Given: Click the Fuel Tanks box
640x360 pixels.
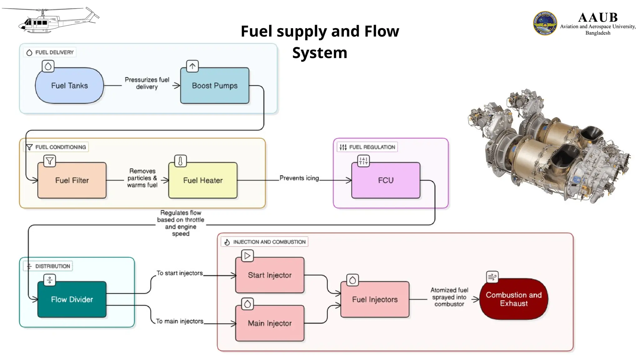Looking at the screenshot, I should pyautogui.click(x=69, y=86).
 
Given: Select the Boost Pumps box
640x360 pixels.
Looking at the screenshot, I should pyautogui.click(x=215, y=86).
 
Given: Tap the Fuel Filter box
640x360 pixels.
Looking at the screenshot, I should pyautogui.click(x=72, y=180).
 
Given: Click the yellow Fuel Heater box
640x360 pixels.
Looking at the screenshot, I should pyautogui.click(x=203, y=180).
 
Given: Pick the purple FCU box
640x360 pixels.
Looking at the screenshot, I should pyautogui.click(x=386, y=180).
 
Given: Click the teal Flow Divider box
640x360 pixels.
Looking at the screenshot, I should pyautogui.click(x=72, y=299).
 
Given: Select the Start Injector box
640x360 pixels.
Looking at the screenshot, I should pyautogui.click(x=270, y=275).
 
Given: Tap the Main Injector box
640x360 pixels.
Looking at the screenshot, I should pyautogui.click(x=270, y=323).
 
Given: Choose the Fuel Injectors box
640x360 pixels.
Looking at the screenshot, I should pyautogui.click(x=375, y=299).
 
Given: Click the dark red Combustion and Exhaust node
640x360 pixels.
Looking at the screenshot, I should pyautogui.click(x=513, y=299).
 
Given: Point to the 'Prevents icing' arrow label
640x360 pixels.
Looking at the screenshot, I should pyautogui.click(x=299, y=178).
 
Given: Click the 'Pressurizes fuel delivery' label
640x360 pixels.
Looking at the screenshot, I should pyautogui.click(x=147, y=83).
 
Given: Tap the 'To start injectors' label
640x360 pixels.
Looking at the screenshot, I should pyautogui.click(x=180, y=273).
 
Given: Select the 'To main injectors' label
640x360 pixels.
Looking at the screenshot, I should pyautogui.click(x=180, y=321).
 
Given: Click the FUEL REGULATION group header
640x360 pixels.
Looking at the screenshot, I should pyautogui.click(x=367, y=147).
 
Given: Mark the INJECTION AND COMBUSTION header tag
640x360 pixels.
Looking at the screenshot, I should pyautogui.click(x=265, y=242).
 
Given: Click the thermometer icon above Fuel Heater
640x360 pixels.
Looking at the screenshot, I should pyautogui.click(x=180, y=161).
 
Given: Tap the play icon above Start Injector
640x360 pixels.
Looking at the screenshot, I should pyautogui.click(x=247, y=256).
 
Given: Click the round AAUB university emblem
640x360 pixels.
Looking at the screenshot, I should pyautogui.click(x=545, y=23).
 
